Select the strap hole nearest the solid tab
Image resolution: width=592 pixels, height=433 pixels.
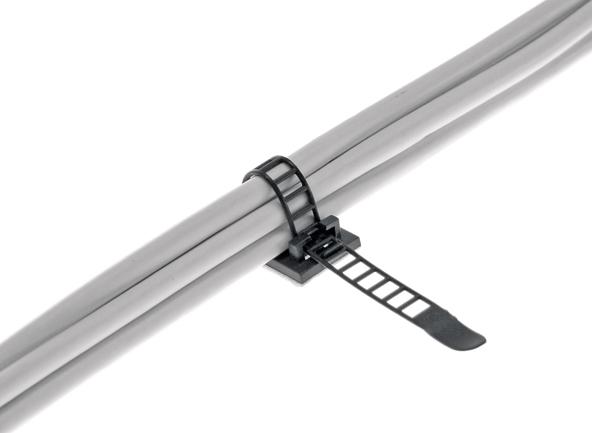(x=415, y=306)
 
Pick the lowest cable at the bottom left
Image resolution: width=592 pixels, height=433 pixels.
(x=56, y=388)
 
